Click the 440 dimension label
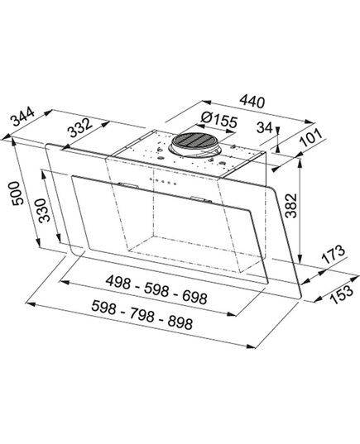coord(252,102)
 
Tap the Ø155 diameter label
coord(218,121)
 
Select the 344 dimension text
coord(22,117)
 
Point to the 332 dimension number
coord(81,127)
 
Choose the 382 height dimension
coord(290,206)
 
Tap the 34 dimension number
coord(265,127)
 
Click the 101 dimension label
coord(311,138)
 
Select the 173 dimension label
coord(333,255)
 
